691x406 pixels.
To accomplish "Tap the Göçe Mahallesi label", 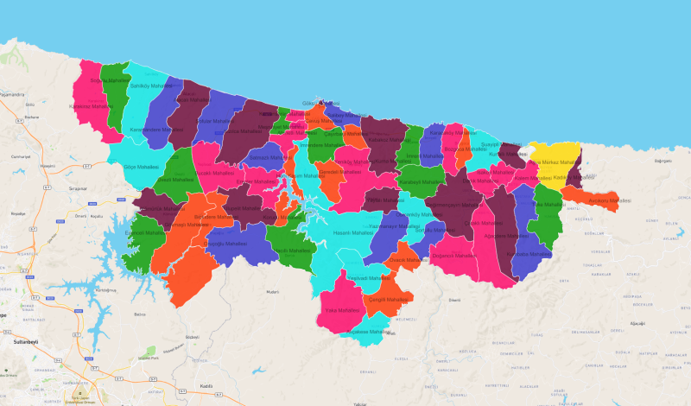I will point(142,166).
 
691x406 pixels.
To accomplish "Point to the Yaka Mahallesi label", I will point(341,309).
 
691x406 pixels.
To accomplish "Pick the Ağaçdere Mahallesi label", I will point(505,235).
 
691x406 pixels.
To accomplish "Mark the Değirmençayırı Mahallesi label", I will point(454,205).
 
